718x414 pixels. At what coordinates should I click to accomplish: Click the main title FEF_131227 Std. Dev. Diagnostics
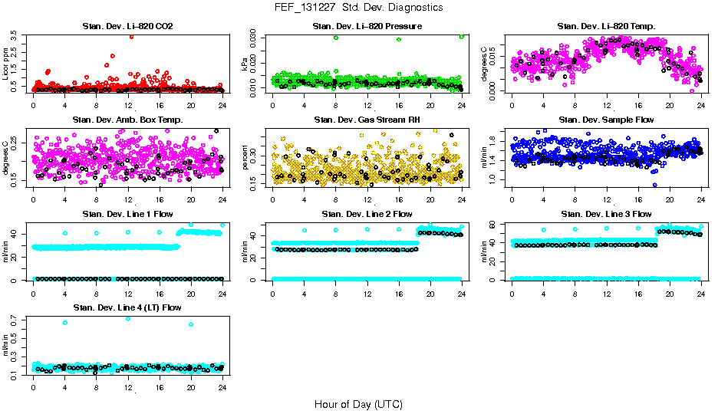coord(358,7)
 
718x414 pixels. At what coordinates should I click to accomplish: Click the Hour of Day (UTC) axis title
coord(358,403)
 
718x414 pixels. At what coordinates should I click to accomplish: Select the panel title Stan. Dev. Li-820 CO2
coord(128,27)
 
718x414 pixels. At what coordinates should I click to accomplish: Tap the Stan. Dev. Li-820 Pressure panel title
coord(367,27)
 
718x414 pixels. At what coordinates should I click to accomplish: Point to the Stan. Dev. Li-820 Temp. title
coord(606,27)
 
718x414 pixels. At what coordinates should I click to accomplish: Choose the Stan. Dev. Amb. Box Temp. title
coord(127,120)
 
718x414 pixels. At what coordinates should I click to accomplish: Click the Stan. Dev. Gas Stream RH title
coord(367,120)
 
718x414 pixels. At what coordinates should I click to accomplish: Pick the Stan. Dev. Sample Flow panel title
coord(606,120)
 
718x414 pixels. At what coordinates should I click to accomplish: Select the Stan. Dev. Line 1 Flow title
coord(127,214)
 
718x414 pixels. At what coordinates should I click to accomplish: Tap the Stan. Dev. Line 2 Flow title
coord(367,214)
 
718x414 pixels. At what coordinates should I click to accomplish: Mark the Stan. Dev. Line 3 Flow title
coord(606,214)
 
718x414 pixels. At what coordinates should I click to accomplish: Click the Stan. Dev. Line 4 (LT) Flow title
coord(127,307)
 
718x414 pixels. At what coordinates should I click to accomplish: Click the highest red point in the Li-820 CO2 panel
coord(132,36)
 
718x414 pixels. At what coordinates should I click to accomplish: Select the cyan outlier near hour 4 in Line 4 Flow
coord(65,323)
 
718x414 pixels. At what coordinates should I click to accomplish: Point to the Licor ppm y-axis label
coord(5,64)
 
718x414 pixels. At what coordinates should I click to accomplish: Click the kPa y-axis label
coord(245,66)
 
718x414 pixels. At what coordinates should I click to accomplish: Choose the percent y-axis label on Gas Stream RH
coord(245,158)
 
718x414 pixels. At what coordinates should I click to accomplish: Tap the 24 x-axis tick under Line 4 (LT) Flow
coord(222,388)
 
